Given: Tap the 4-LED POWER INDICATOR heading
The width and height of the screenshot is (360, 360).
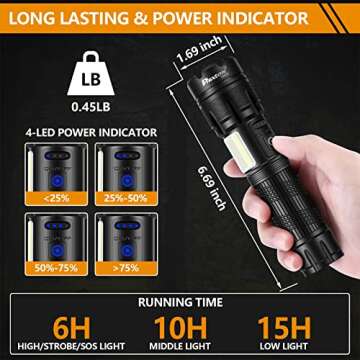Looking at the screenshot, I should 95,129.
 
